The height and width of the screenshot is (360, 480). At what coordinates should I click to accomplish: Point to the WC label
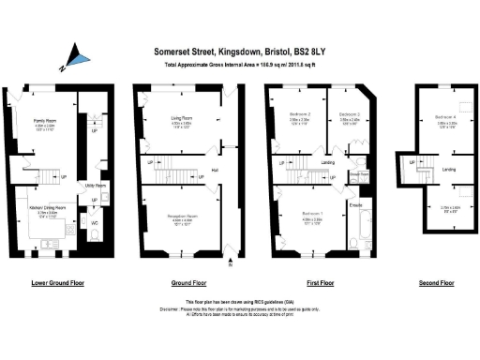tap(95, 223)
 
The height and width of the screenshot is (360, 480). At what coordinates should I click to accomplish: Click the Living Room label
tap(181, 119)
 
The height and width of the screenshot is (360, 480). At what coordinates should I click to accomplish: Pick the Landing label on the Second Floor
tap(448, 169)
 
